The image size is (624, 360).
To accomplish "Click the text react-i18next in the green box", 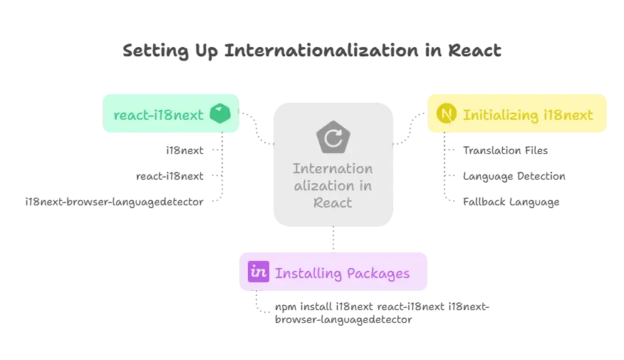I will click(158, 114).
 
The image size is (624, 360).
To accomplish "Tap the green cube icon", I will click(221, 114).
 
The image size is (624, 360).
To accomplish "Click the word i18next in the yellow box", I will click(568, 114).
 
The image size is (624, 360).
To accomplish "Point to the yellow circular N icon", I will click(447, 114).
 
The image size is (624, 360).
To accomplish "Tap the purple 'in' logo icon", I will click(257, 272).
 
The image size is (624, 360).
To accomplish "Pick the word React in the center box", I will click(333, 202).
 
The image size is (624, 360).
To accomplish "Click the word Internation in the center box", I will click(333, 169).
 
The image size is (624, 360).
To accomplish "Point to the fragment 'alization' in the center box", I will click(333, 185).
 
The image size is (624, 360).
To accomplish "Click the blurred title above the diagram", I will click(311, 50).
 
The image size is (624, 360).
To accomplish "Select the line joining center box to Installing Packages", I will click(333, 240).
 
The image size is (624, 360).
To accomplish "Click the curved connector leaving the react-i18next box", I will click(257, 128).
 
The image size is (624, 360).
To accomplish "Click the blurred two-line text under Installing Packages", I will click(381, 314).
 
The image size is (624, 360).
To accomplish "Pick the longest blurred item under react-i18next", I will click(114, 204).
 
